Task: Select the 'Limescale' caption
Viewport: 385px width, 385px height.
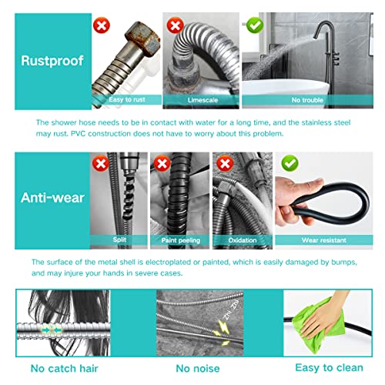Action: [202, 100]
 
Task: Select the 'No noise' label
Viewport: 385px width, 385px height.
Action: [199, 367]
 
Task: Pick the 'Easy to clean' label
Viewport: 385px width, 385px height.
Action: [324, 367]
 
